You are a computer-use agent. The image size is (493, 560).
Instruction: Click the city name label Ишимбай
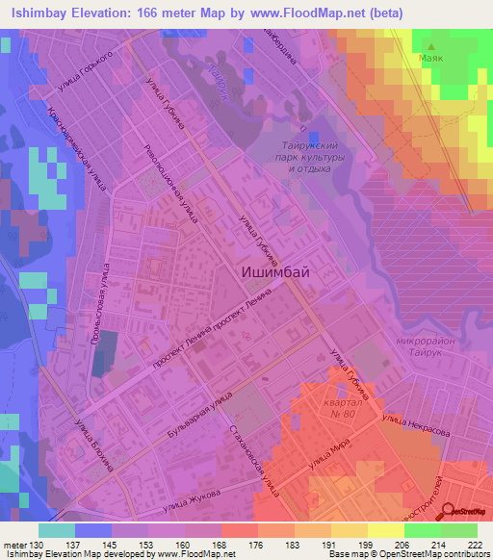[x=274, y=272]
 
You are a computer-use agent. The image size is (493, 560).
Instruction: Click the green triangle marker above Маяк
[x=430, y=45]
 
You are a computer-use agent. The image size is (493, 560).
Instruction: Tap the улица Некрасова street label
[x=417, y=426]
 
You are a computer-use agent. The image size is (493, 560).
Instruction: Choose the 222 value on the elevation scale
[x=475, y=546]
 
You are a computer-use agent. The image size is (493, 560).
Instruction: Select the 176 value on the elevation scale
[x=258, y=546]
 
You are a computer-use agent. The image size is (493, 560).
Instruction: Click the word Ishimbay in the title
[x=38, y=13]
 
